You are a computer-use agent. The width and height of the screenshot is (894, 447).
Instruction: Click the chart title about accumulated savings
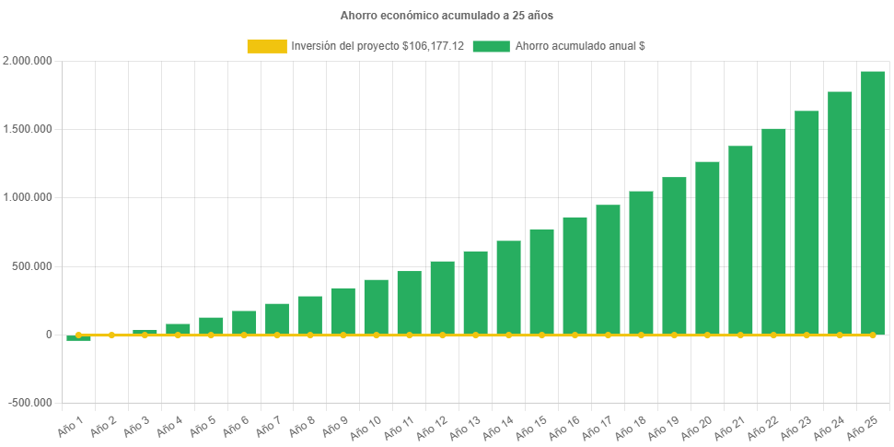click(447, 16)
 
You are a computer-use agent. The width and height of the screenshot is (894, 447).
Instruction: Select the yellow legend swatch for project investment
click(267, 46)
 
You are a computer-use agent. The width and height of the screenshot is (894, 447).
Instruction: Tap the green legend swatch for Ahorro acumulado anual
click(491, 46)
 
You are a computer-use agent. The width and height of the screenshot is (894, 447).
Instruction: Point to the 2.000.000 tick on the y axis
click(28, 61)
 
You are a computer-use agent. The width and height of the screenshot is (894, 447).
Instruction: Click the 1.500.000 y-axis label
click(28, 129)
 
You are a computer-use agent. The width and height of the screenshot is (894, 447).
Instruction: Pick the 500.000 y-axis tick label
click(33, 266)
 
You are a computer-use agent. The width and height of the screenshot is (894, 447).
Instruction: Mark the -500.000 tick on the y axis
click(31, 403)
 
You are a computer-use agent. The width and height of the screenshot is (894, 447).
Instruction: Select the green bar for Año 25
click(873, 203)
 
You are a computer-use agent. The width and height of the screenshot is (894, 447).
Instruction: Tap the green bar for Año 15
click(541, 282)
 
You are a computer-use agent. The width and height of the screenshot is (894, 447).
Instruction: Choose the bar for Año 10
click(376, 307)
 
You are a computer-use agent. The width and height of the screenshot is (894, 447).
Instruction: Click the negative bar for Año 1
click(78, 338)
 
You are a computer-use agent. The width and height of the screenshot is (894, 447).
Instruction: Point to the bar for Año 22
click(773, 231)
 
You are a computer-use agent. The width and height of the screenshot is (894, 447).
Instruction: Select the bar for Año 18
click(641, 263)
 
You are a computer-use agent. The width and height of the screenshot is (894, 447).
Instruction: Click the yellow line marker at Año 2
click(111, 335)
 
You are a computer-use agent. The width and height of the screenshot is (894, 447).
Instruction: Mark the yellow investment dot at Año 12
click(442, 335)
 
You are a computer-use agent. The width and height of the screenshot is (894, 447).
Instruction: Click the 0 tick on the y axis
click(48, 335)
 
